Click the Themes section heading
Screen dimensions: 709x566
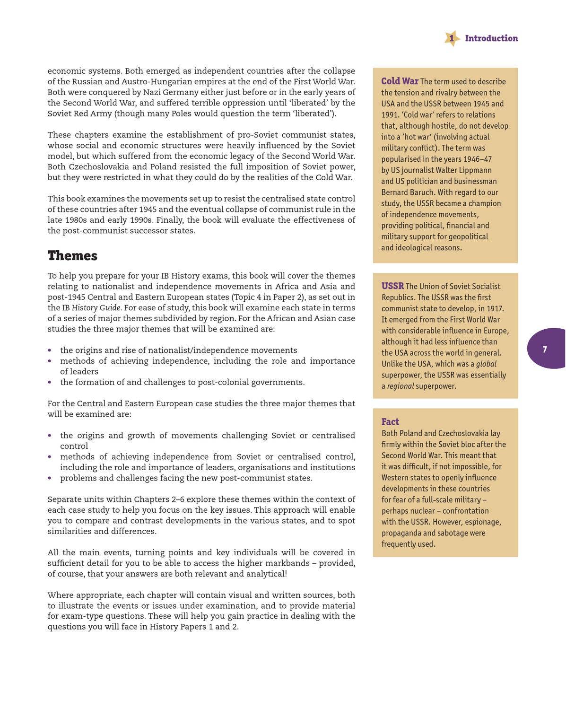point(72,256)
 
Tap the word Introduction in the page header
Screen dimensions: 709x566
point(491,38)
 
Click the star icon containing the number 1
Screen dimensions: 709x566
point(452,38)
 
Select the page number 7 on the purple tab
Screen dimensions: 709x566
point(545,350)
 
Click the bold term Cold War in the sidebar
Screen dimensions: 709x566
point(400,81)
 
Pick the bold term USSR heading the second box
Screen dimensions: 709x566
point(392,286)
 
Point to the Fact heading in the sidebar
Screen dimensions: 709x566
point(390,421)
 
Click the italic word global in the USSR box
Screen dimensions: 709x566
point(486,364)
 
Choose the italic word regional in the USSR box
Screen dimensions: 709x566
point(400,386)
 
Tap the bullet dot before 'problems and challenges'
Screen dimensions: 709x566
point(50,478)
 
